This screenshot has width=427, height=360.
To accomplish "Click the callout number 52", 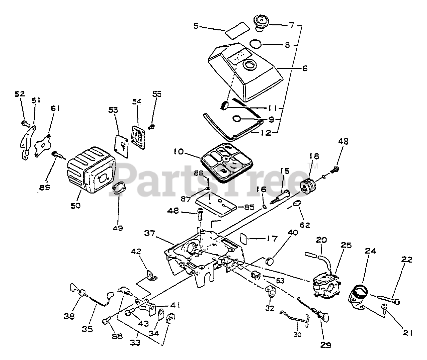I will [x=20, y=94].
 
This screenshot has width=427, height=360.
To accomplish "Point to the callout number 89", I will [x=44, y=187].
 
